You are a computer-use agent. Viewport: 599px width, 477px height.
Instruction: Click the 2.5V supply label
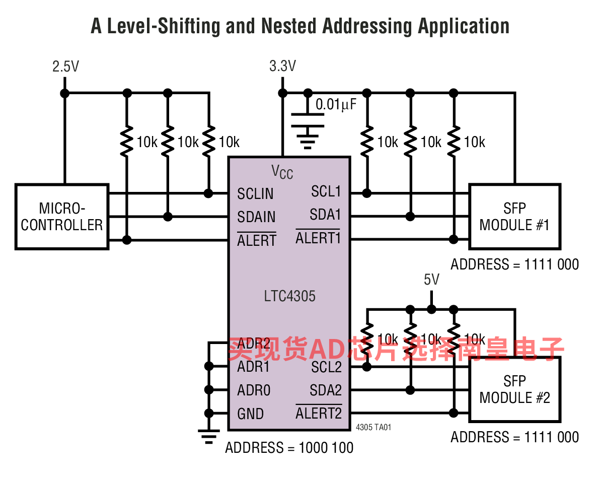pyautogui.click(x=66, y=66)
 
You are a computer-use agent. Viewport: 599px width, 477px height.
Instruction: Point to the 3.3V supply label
pyautogui.click(x=283, y=66)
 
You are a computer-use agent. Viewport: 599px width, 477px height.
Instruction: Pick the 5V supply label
pyautogui.click(x=432, y=280)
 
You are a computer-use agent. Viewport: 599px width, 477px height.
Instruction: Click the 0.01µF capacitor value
pyautogui.click(x=336, y=104)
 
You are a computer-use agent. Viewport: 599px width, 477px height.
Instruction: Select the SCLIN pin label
pyautogui.click(x=255, y=194)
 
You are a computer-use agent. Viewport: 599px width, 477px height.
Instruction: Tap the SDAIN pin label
pyautogui.click(x=256, y=217)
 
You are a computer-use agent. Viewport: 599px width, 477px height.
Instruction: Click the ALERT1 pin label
pyautogui.click(x=318, y=237)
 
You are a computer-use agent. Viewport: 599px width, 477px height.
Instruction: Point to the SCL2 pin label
pyautogui.click(x=326, y=367)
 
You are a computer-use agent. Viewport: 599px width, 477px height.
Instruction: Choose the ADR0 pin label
pyautogui.click(x=254, y=390)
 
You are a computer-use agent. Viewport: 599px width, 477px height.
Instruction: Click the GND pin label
pyautogui.click(x=250, y=414)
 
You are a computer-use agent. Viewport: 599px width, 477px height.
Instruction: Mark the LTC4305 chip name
pyautogui.click(x=289, y=296)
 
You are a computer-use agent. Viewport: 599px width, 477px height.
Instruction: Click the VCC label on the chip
pyautogui.click(x=282, y=172)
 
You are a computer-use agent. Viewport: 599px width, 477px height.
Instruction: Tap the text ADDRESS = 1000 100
pyautogui.click(x=289, y=448)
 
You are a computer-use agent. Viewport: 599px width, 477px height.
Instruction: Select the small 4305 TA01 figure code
pyautogui.click(x=373, y=427)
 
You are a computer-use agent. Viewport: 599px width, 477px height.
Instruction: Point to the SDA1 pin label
pyautogui.click(x=325, y=215)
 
